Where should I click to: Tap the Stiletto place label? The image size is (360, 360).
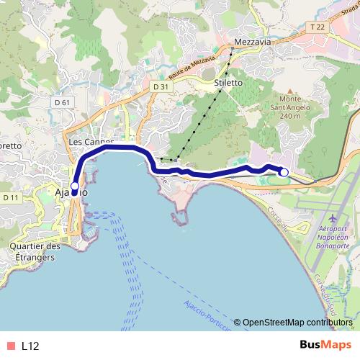pyautogui.click(x=228, y=83)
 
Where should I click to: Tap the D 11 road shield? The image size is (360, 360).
pyautogui.click(x=11, y=197)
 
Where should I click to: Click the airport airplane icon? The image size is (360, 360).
pyautogui.click(x=333, y=218)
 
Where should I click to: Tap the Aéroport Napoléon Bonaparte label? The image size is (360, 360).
pyautogui.click(x=333, y=237)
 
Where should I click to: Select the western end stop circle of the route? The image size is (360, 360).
pyautogui.click(x=74, y=186)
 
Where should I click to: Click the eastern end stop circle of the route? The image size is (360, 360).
pyautogui.click(x=284, y=172)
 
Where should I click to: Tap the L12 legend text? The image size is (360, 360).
pyautogui.click(x=30, y=346)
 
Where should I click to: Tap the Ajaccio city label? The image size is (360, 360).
pyautogui.click(x=71, y=193)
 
